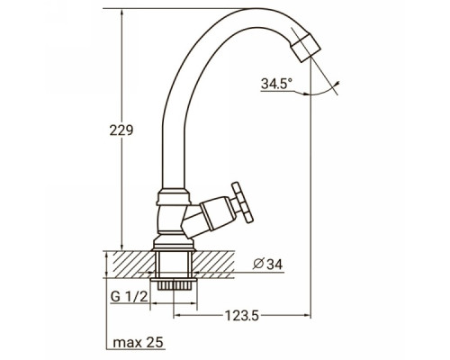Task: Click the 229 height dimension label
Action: point(121,130)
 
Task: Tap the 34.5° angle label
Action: point(276,84)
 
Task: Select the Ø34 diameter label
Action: point(267,265)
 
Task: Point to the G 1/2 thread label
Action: point(130,297)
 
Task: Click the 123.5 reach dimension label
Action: point(242,315)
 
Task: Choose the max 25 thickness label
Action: point(139,342)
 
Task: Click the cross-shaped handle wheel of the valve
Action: point(242,202)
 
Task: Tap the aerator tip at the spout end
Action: point(305,48)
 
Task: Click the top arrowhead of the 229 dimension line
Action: point(121,13)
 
